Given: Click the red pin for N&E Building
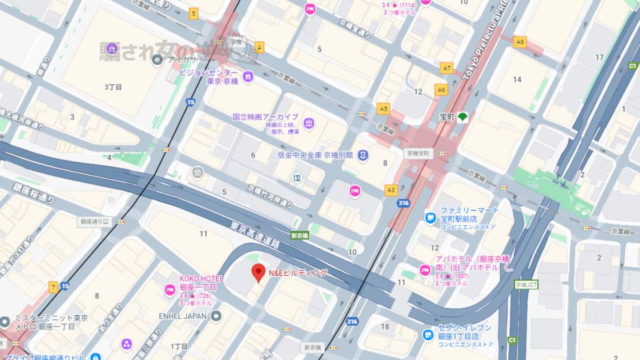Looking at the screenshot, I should tap(258, 272).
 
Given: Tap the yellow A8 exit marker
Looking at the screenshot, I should tap(519, 41).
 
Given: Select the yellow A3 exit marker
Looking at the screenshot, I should tap(391, 189).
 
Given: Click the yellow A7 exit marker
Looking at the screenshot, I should tap(446, 68).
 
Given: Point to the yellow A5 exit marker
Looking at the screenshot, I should tap(383, 109).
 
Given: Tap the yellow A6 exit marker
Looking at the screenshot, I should tap(441, 90).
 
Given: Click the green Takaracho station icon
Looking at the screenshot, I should tap(462, 117).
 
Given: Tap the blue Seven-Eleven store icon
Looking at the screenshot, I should tap(428, 334).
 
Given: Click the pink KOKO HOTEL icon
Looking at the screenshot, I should tap(170, 290).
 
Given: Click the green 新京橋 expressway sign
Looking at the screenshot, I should tap(299, 235).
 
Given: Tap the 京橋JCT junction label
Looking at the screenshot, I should tap(526, 285).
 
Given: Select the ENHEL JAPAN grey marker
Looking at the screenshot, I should tap(216, 316).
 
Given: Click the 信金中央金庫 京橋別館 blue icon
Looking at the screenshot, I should tap(363, 155).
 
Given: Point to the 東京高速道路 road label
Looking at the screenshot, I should tap(255, 235).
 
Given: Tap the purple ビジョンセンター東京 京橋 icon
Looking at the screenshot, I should tap(247, 77).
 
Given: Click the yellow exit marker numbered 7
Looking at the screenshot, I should tap(53, 287).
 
